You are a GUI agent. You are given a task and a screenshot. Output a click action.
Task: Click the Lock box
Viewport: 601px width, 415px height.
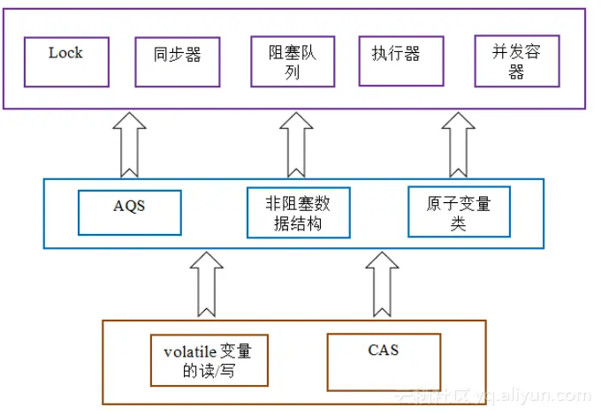coord(66,62)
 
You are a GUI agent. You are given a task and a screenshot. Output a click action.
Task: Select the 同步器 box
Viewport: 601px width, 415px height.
coord(178,62)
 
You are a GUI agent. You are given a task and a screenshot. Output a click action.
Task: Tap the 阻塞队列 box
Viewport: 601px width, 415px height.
coord(293,62)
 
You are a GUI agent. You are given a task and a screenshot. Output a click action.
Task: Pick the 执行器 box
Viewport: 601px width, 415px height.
coord(401,61)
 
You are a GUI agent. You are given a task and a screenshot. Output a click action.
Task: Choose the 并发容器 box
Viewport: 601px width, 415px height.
coord(517,61)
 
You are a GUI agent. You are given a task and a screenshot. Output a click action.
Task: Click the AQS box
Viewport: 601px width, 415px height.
coord(130,213)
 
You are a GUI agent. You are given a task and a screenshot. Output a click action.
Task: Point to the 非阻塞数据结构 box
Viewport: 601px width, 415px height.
coord(299,213)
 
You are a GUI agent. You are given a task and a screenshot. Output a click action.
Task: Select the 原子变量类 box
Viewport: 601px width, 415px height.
coord(460,212)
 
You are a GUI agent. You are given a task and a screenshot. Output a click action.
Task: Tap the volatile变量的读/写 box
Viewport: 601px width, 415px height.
coord(209,360)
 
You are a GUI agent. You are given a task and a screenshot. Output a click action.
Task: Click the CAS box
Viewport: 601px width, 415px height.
coord(384,362)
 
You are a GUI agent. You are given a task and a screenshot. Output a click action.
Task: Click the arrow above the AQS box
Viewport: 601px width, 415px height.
coord(129,145)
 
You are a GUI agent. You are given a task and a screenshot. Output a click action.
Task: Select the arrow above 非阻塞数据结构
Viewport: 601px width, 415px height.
coord(296,145)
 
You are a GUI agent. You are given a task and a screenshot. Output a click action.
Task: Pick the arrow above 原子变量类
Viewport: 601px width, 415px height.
coord(459,145)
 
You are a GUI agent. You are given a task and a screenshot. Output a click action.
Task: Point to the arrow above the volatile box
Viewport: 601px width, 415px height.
coord(207,284)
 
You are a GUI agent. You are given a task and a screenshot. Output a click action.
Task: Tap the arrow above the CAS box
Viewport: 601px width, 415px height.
coord(382,284)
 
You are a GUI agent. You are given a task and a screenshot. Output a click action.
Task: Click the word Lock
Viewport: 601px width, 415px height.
coord(65,53)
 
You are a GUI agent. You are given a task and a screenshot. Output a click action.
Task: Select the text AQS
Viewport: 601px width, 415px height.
coord(129,206)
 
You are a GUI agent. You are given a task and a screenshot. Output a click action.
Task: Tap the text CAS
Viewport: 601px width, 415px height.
coord(384,350)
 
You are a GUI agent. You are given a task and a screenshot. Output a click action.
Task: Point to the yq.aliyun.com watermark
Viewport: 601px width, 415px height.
coord(534,396)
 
